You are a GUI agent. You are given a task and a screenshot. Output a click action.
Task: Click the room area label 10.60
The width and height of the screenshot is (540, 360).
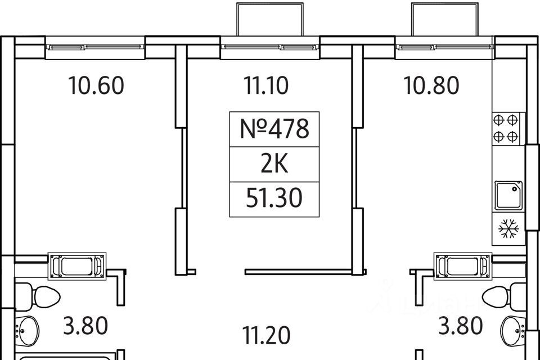(x=96, y=85)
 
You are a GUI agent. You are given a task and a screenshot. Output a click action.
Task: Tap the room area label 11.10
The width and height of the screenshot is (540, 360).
(x=266, y=85)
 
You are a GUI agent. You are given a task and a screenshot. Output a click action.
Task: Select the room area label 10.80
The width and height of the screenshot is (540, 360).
(x=431, y=85)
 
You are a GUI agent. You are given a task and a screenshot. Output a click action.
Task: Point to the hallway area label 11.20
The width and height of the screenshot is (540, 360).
(x=266, y=335)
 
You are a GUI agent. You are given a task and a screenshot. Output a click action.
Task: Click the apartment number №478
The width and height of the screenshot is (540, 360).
(x=274, y=129)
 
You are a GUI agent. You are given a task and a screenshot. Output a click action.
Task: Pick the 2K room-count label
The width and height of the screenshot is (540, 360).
(x=274, y=164)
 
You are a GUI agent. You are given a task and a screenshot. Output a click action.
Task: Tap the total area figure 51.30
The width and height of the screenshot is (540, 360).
(x=274, y=199)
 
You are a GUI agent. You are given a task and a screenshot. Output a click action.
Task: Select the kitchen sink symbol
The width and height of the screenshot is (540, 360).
(x=508, y=196)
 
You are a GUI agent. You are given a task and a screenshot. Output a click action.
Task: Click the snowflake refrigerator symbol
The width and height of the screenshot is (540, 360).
(x=508, y=228)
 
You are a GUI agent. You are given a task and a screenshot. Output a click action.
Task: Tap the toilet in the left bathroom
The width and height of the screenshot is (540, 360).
(x=38, y=296)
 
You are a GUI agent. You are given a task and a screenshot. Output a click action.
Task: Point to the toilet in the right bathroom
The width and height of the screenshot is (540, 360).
(x=504, y=296)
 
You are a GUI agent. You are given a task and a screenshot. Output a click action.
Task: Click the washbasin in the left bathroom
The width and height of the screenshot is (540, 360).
(x=28, y=331)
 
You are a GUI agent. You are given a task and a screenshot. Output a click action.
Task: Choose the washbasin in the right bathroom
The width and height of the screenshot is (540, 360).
(x=513, y=331)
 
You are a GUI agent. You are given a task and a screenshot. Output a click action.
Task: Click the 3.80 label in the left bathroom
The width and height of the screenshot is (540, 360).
(x=85, y=326)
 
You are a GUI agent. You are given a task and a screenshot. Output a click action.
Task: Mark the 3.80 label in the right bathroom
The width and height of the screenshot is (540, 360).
(x=460, y=326)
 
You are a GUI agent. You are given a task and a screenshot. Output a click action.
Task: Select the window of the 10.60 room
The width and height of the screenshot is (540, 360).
(x=95, y=47)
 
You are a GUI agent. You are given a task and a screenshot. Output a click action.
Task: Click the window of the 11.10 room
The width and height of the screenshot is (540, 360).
(x=270, y=47)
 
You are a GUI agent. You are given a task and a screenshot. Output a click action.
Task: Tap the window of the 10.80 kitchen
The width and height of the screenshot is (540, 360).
(x=445, y=47)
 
